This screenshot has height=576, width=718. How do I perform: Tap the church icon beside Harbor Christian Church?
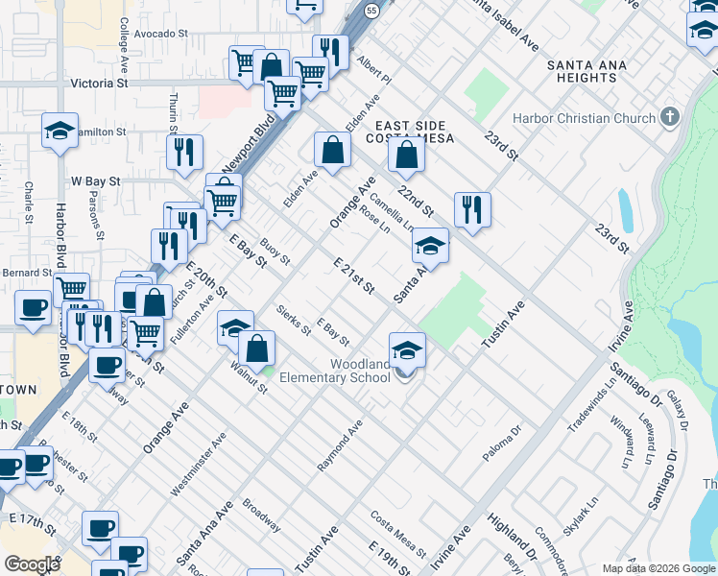670,118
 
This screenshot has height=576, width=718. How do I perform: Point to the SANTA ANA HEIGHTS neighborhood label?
586,73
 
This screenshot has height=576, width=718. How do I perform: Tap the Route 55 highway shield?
371,8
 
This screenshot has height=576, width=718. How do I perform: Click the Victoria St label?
99,84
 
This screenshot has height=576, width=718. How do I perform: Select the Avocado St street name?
160,34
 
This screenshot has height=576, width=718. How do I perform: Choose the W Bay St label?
95,180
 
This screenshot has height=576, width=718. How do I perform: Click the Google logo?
32,564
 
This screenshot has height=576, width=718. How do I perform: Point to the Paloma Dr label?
501,444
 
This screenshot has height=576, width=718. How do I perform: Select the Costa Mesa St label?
398,533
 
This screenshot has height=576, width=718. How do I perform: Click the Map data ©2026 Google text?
658,567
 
